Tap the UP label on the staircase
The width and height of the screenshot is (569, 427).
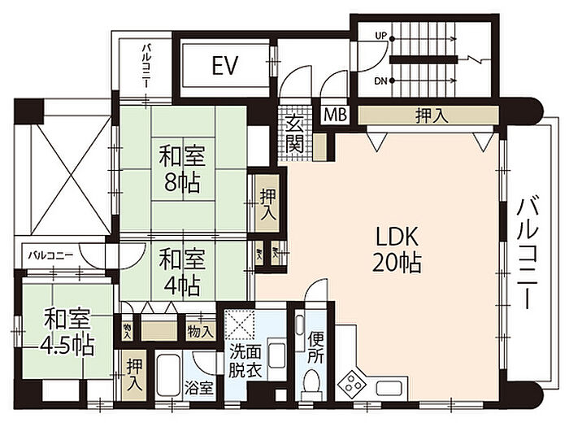(x=380, y=36)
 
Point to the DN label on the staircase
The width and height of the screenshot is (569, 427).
(x=380, y=81)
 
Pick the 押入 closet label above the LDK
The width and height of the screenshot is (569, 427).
(x=431, y=115)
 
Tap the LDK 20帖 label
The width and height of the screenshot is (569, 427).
(x=397, y=250)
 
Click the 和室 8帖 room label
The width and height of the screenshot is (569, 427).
(x=181, y=167)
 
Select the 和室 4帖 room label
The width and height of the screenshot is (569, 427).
(x=181, y=272)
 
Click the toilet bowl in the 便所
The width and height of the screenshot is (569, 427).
(x=312, y=381)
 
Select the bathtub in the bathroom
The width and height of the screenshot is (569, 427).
(x=168, y=379)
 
